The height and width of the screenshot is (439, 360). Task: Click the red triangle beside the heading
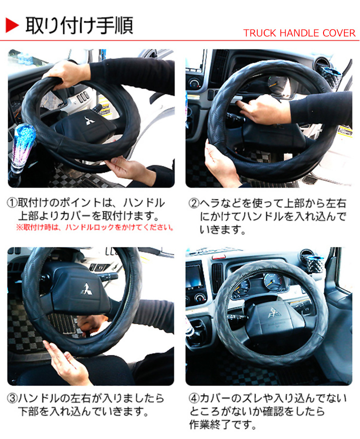pos(12,25)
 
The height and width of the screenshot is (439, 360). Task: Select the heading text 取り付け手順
pos(79,25)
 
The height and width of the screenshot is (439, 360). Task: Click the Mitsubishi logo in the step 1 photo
pos(90,121)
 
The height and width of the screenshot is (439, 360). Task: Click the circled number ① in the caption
pos(12,203)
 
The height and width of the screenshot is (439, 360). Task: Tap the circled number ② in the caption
pos(194,203)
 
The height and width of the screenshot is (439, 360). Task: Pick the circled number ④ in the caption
pos(194,398)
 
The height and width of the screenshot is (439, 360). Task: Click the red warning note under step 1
pos(95,227)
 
